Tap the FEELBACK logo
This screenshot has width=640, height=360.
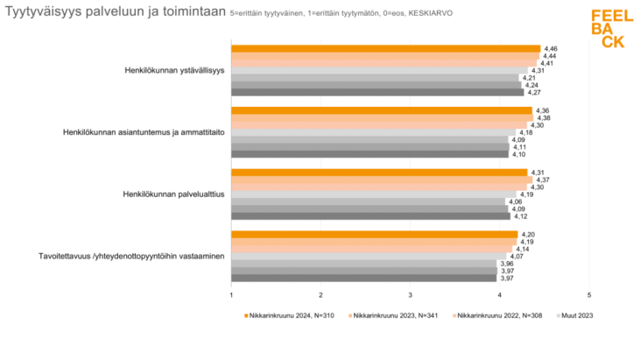tap(607, 29)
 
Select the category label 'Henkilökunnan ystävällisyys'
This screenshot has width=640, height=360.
tap(174, 70)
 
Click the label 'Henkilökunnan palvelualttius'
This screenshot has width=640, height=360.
tap(174, 194)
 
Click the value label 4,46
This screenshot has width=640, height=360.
tap(551, 48)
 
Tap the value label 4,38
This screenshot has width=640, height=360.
tap(543, 118)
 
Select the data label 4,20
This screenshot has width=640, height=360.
tap(528, 234)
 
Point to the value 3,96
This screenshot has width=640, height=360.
tap(506, 264)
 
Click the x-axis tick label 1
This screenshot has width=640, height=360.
tap(231, 294)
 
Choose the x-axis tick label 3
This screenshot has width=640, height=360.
tap(411, 294)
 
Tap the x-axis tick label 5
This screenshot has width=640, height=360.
tap(589, 294)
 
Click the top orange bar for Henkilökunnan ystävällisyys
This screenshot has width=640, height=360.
tap(385, 49)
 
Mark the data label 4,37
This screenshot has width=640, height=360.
tap(543, 180)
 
